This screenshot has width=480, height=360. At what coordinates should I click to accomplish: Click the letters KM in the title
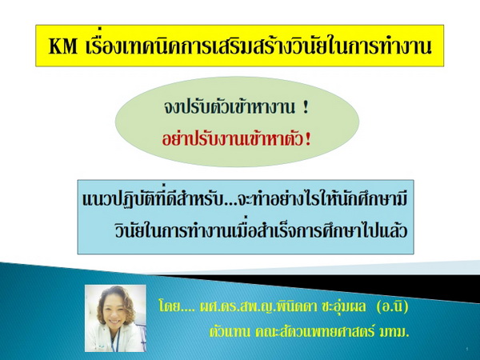[x=63, y=47]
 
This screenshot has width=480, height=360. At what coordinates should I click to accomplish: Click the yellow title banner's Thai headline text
[x=259, y=46]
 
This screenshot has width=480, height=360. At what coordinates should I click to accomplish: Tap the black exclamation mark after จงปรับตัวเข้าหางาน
[x=305, y=108]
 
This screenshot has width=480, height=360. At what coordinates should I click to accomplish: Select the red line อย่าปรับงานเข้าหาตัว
[x=232, y=139]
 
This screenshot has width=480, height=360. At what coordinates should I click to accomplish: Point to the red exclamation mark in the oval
[x=308, y=140]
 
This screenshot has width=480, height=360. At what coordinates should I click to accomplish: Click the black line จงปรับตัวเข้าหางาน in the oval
[x=230, y=107]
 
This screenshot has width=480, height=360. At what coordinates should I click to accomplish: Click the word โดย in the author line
[x=169, y=306]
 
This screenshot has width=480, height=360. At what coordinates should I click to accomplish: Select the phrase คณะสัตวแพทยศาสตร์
[x=314, y=332]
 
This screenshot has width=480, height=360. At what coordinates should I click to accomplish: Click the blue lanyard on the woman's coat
[x=115, y=342]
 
